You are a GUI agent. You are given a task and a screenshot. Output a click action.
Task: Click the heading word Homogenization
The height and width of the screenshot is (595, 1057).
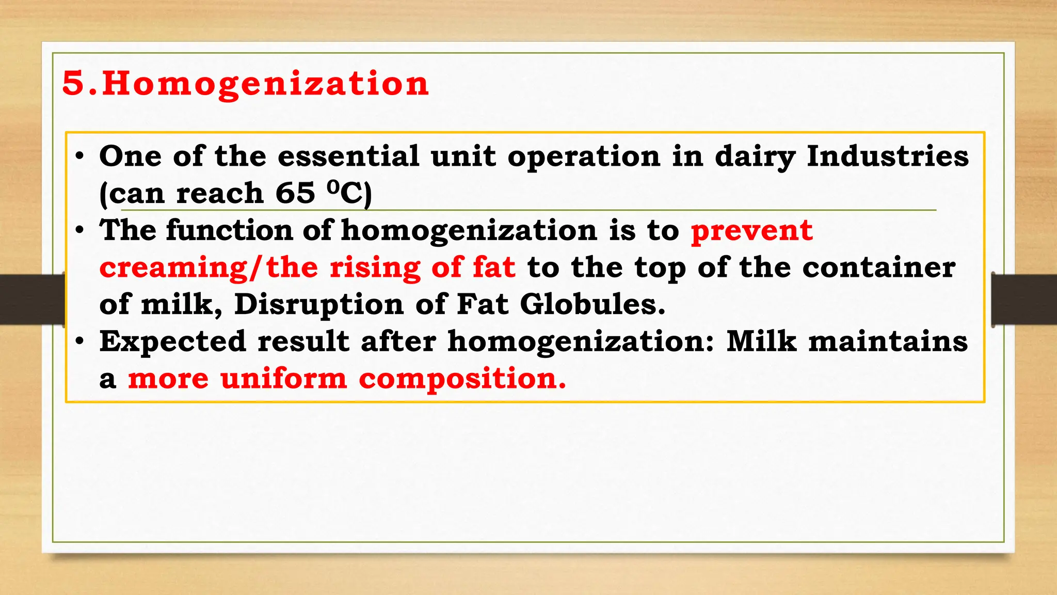(265, 84)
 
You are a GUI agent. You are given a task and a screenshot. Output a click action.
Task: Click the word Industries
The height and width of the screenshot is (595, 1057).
(888, 156)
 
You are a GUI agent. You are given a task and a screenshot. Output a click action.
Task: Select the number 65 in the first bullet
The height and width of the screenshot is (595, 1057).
(295, 193)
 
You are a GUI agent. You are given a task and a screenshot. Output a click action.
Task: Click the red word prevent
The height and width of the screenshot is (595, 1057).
(752, 231)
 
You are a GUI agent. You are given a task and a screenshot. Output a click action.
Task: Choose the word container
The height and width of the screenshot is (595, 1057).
(878, 268)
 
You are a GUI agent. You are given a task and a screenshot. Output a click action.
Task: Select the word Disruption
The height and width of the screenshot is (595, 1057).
(319, 305)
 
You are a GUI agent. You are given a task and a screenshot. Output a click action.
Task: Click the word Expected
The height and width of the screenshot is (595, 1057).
(173, 342)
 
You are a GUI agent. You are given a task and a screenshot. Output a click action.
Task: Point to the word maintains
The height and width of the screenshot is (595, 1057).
(888, 341)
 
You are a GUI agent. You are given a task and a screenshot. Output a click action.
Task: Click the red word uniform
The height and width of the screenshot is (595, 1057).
(284, 378)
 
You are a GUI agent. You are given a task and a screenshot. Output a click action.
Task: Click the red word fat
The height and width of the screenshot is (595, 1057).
(494, 267)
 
